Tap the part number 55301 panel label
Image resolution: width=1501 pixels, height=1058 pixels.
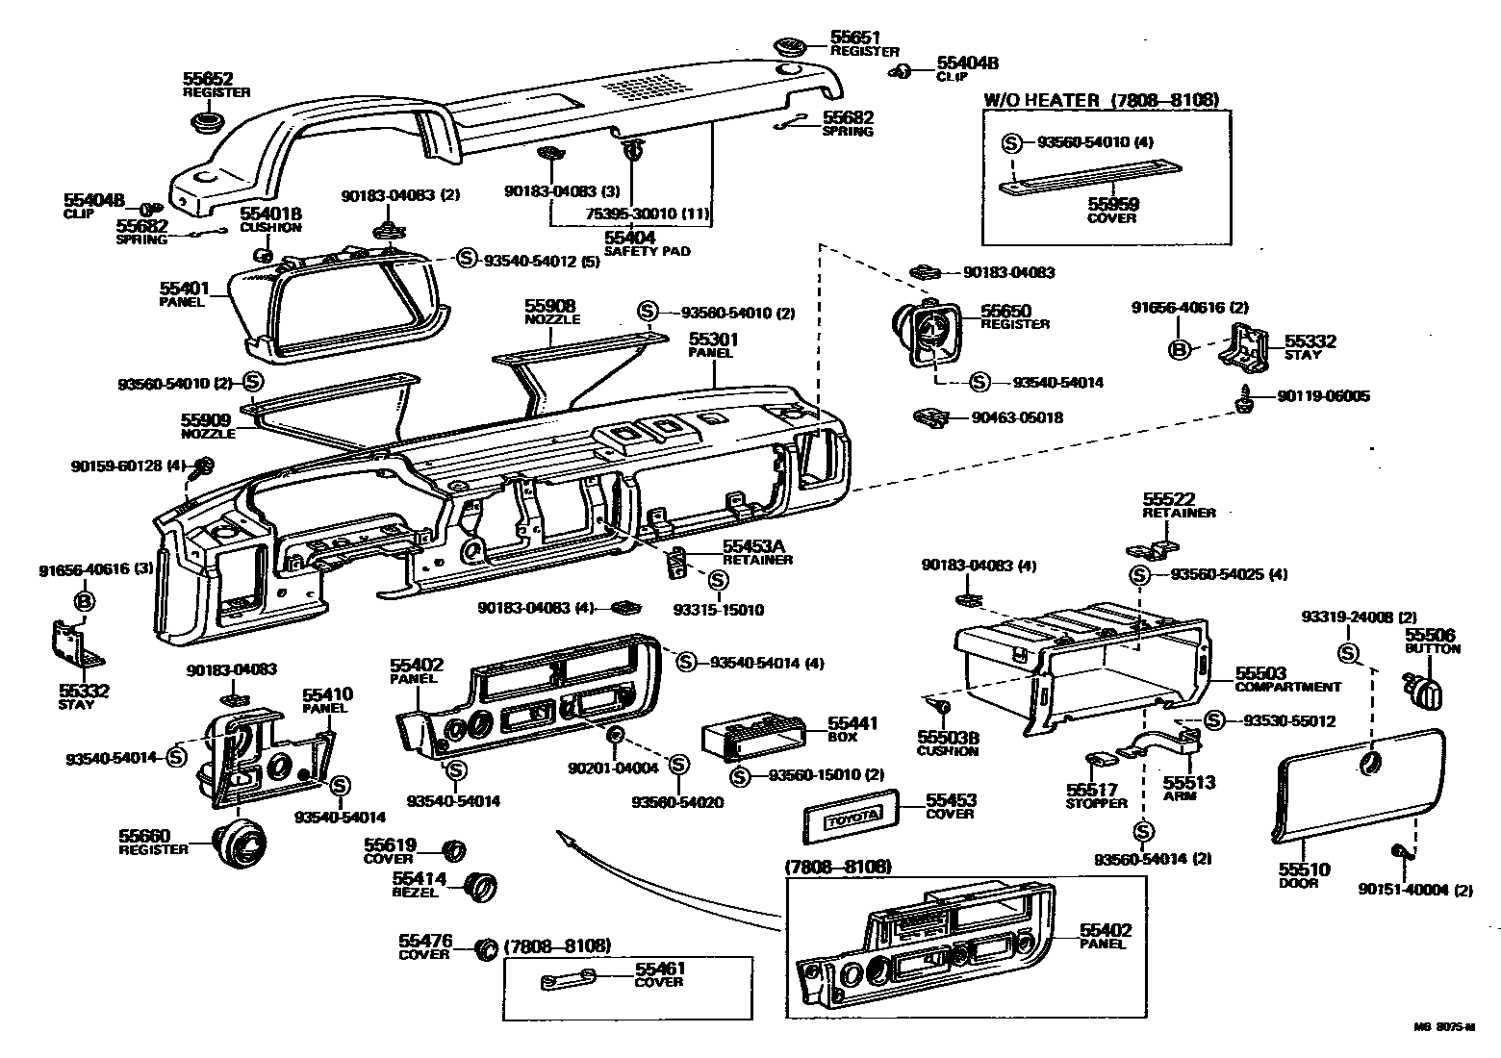pyautogui.click(x=713, y=340)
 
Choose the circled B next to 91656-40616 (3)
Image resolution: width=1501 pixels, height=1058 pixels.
pyautogui.click(x=85, y=601)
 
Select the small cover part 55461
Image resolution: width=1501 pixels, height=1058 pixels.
pyautogui.click(x=568, y=980)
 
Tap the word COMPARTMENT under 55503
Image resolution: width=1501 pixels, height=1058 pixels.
pyautogui.click(x=1287, y=687)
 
